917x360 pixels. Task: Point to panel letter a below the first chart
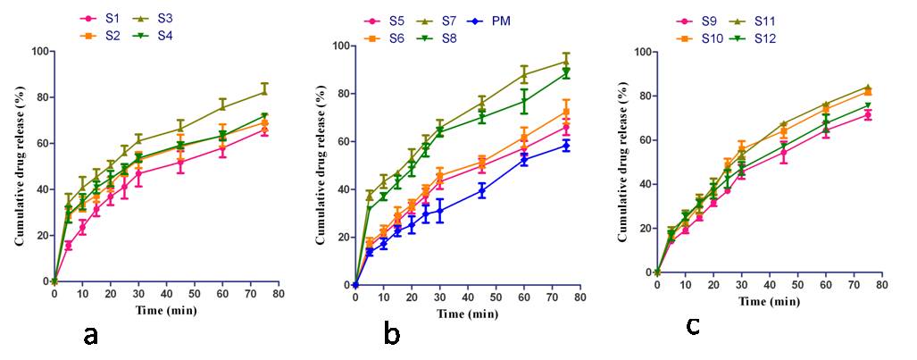coord(90,336)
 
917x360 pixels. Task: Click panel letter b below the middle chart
coord(391,335)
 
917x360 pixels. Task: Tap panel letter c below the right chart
coord(692,326)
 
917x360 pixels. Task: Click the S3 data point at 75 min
coord(263,91)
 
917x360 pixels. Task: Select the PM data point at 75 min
coord(564,146)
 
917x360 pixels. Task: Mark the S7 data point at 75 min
coord(564,61)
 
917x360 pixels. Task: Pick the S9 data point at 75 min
coord(867,114)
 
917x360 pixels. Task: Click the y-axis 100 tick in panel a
coord(35,51)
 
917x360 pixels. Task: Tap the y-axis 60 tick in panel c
coord(640,140)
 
